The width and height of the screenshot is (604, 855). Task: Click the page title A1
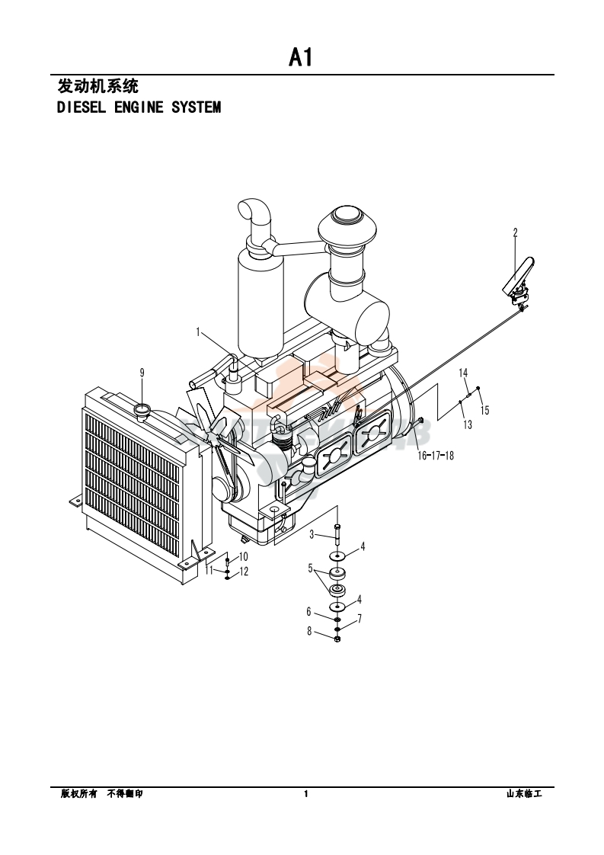pos(300,57)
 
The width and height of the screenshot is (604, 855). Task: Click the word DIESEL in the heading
pos(81,107)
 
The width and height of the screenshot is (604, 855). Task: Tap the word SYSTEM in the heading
pos(197,107)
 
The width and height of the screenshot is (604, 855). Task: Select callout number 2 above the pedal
pos(515,233)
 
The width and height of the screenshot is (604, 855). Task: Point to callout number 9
pos(142,373)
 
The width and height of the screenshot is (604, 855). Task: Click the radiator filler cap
pos(143,411)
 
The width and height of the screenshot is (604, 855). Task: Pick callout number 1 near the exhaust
pos(199,331)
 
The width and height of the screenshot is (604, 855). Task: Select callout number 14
pos(463,373)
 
